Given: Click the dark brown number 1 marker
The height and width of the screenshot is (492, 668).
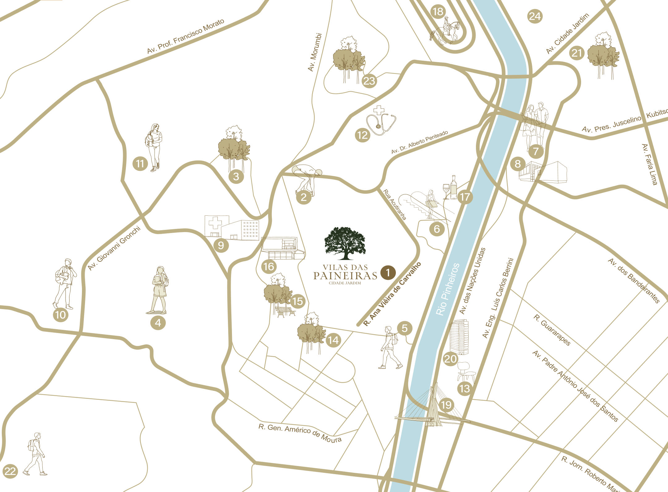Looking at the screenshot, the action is [x=388, y=273].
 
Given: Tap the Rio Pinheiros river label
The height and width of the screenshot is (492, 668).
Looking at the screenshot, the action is [x=447, y=289].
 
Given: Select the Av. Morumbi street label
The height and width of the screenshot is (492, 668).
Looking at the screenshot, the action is [x=315, y=52].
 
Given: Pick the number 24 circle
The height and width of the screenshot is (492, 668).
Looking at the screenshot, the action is [x=535, y=16].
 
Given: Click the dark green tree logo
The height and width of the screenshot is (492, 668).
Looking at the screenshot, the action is [x=345, y=243].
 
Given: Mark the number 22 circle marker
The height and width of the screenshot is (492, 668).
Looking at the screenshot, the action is [x=10, y=471].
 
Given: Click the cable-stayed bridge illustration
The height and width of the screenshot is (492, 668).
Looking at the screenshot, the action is [x=433, y=408].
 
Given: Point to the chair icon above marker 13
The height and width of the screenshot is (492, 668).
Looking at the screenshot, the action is [x=464, y=371].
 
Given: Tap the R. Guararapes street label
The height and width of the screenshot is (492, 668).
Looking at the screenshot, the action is [x=552, y=330].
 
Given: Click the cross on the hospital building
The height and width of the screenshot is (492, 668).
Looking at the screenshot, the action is [x=215, y=223].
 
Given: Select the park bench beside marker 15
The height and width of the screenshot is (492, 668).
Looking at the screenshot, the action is [x=285, y=312].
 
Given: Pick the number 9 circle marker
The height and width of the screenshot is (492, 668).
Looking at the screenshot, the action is [x=221, y=245].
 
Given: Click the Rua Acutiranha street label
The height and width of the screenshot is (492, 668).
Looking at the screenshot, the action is [x=394, y=205].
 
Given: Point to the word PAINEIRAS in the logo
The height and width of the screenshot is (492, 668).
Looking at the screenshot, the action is [x=345, y=276].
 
